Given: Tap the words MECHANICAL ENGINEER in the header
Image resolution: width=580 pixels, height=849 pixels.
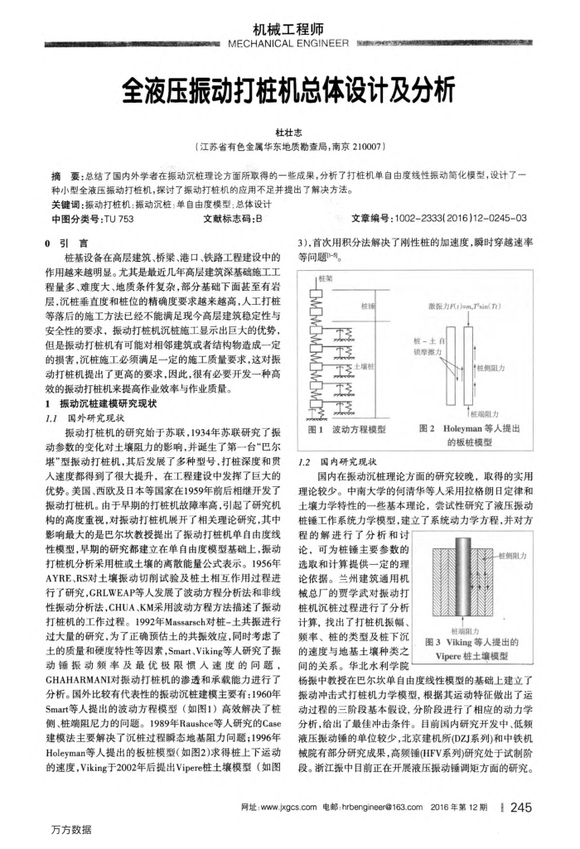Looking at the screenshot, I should [x=289, y=44].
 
